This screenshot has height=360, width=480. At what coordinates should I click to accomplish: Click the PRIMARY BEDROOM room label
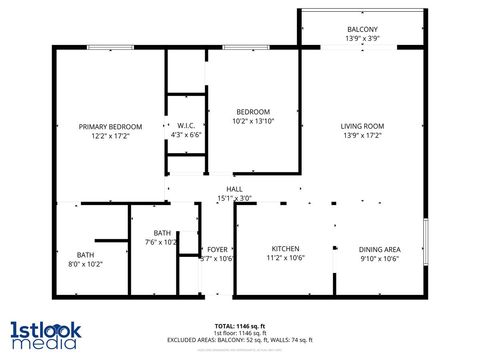coord(111,126)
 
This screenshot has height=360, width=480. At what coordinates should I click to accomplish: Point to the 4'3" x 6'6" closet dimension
coord(186,135)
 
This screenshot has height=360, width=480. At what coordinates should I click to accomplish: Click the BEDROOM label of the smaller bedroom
coord(253,111)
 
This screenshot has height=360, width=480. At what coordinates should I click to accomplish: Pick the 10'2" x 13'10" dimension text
coord(253,120)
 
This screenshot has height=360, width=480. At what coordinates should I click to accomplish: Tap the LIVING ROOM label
coord(363,126)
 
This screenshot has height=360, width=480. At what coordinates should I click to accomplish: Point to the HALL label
coord(235,189)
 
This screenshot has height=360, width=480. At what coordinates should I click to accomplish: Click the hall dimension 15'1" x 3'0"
coord(235,198)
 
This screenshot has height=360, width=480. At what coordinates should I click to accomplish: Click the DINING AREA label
coord(380,248)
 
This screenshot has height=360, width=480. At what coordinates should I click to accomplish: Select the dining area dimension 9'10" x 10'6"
coord(380,257)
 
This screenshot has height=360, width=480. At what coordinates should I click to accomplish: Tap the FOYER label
coord(218,249)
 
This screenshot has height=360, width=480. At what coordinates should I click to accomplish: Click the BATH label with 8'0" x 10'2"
coord(85,254)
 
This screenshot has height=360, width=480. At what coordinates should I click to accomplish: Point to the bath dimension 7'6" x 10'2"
coord(161,241)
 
